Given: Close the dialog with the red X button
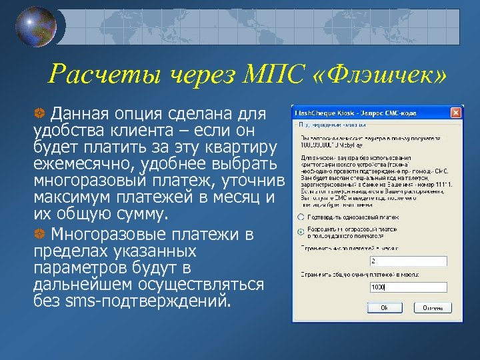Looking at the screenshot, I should pyautogui.click(x=455, y=112).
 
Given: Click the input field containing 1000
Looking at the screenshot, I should pyautogui.click(x=409, y=287).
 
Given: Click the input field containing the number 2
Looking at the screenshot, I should pyautogui.click(x=409, y=261).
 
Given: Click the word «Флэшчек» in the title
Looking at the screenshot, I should pyautogui.click(x=377, y=75).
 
